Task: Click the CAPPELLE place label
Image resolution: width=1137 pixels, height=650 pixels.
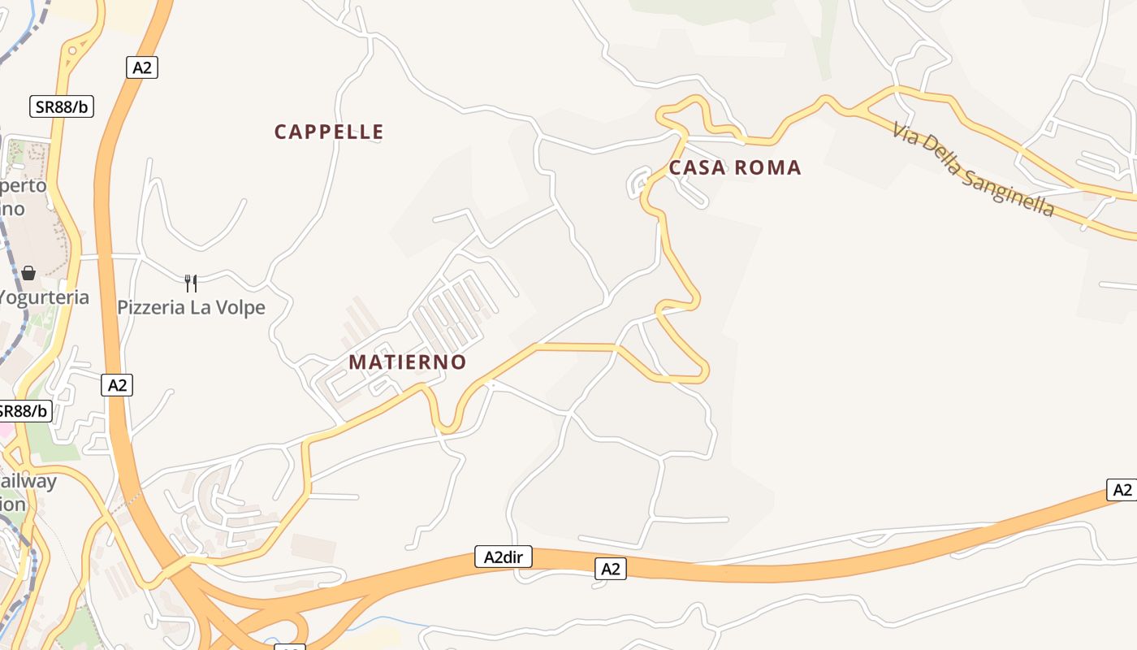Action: point(329,132)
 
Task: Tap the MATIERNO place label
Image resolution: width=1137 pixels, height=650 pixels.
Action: point(408,362)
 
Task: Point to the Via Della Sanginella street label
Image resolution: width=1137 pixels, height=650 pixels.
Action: point(973,169)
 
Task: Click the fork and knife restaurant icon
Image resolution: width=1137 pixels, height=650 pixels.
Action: point(191,283)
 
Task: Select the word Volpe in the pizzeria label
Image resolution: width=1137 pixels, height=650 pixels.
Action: point(240,308)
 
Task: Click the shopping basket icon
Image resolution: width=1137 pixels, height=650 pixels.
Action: point(28,273)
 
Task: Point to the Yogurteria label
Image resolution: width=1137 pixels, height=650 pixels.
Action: point(45,297)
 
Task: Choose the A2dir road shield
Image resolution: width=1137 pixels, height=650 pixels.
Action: point(503,557)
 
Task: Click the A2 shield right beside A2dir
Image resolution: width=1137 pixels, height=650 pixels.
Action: point(610,569)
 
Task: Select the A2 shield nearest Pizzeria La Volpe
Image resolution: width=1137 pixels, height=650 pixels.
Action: point(118,384)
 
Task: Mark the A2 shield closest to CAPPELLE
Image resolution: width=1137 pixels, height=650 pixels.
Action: point(142,67)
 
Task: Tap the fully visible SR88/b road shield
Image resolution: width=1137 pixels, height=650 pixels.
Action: point(62,106)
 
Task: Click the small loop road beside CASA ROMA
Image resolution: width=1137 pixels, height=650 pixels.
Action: point(638,182)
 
